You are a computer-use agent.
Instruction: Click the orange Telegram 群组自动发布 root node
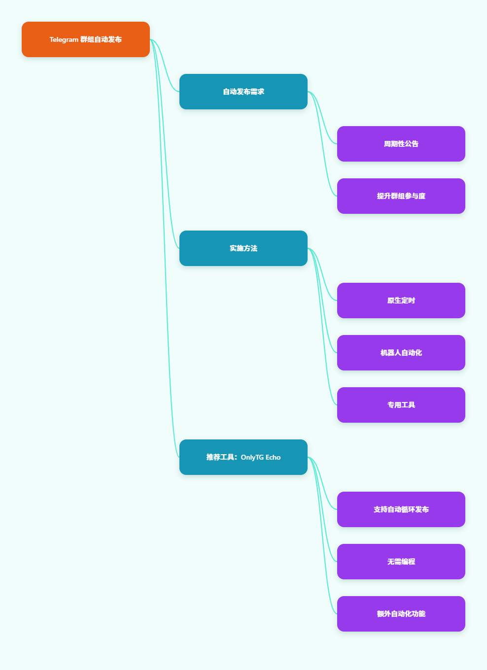(x=86, y=39)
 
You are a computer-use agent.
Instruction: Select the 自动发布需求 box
(x=243, y=92)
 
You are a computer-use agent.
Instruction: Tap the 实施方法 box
(x=243, y=248)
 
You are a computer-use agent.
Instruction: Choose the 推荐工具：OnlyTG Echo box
(x=243, y=457)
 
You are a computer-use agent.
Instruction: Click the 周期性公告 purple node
(x=401, y=144)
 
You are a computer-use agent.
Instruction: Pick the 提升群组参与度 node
(x=401, y=196)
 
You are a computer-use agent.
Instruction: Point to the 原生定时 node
(x=401, y=301)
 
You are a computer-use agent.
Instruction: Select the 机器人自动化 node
(x=401, y=353)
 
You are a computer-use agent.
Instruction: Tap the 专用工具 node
(x=401, y=405)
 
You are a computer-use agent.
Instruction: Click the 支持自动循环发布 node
(x=401, y=509)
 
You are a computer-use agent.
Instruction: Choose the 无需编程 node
(x=401, y=562)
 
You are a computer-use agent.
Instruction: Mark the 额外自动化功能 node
(x=401, y=614)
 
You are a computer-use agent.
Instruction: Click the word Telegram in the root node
(x=64, y=39)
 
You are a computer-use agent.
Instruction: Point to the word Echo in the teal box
(x=273, y=457)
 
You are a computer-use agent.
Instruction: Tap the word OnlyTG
(x=252, y=458)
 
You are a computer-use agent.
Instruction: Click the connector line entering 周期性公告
(x=322, y=118)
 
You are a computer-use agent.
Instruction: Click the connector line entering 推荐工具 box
(x=164, y=248)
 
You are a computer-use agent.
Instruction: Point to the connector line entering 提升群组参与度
(x=322, y=144)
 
